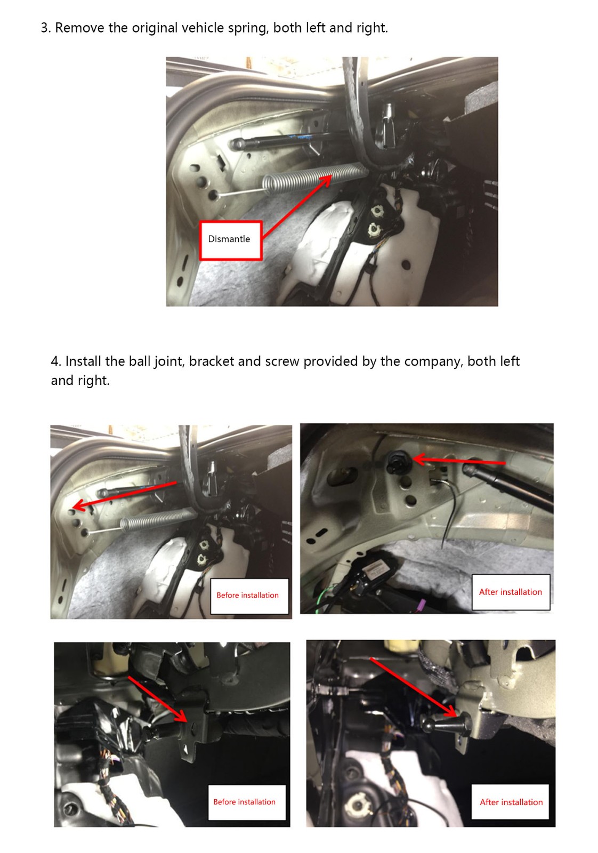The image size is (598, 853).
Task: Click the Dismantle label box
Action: [231, 240]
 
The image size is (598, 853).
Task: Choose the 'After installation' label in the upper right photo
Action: [511, 592]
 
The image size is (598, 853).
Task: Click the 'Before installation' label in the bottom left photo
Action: [246, 802]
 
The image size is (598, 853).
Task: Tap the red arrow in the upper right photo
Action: [459, 460]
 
